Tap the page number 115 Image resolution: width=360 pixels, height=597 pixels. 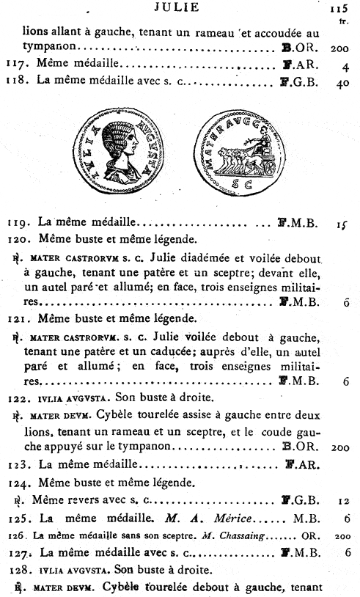click(338, 10)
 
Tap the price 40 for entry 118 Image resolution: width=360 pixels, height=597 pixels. click(339, 82)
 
